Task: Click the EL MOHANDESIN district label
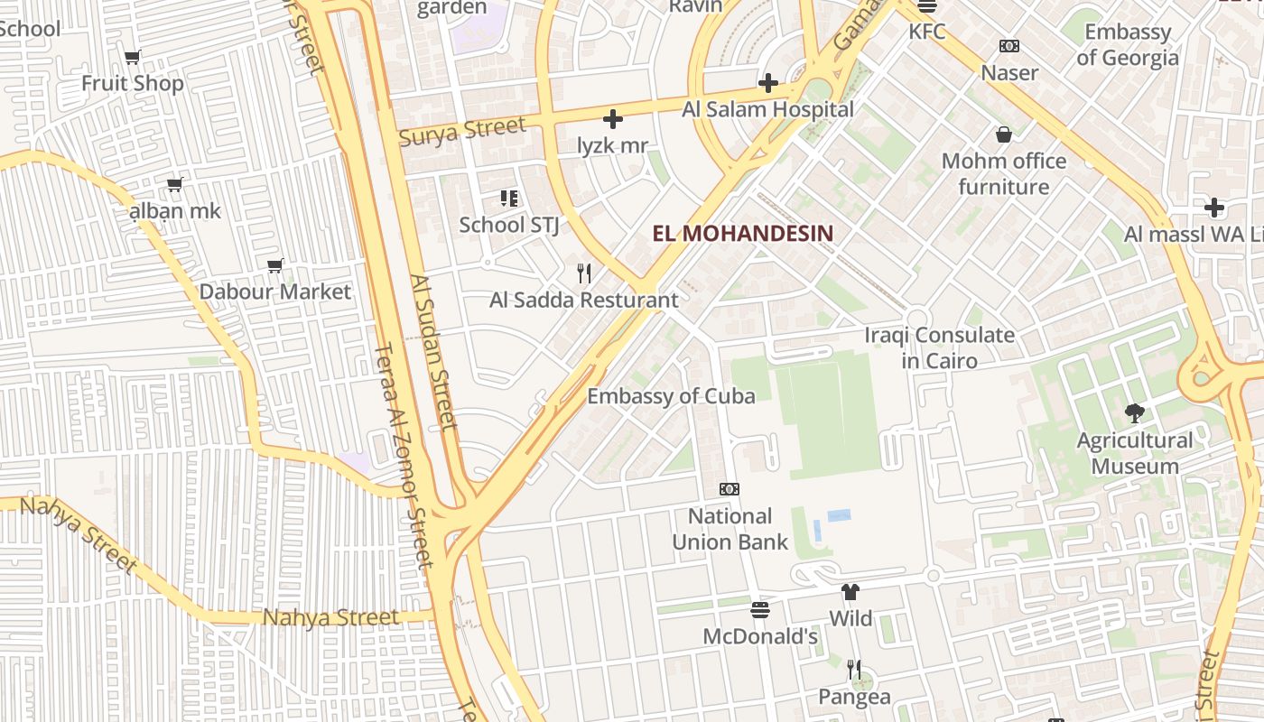click(x=742, y=234)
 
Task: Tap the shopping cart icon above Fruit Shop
click(x=133, y=58)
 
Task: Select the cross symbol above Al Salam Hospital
click(x=768, y=84)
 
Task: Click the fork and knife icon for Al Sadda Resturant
click(x=584, y=273)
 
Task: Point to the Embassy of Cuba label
click(x=671, y=396)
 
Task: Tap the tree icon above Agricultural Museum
click(x=1135, y=413)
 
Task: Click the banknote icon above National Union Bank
click(x=730, y=489)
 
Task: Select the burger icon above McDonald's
click(x=760, y=610)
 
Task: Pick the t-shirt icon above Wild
click(x=850, y=592)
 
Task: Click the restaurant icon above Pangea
click(x=854, y=670)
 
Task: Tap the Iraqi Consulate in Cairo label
click(x=939, y=347)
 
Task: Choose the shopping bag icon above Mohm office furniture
click(x=1003, y=135)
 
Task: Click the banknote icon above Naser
click(x=1009, y=46)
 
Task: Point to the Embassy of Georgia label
click(x=1127, y=45)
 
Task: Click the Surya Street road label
click(x=461, y=132)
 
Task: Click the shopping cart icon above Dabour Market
click(x=275, y=266)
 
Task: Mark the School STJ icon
click(x=509, y=198)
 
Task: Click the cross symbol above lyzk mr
click(x=613, y=119)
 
